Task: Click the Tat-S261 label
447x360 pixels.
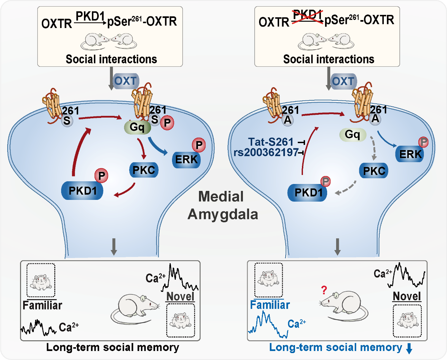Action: pyautogui.click(x=270, y=142)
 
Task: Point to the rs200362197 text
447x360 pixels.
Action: pyautogui.click(x=266, y=153)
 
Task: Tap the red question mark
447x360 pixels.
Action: pyautogui.click(x=324, y=290)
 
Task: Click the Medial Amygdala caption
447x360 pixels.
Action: pyautogui.click(x=222, y=205)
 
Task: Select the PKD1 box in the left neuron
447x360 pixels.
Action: pyautogui.click(x=82, y=191)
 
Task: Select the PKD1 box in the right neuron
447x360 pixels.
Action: pyautogui.click(x=307, y=193)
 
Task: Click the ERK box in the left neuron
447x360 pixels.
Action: pyautogui.click(x=186, y=159)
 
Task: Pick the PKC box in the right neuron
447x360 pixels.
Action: pyautogui.click(x=374, y=171)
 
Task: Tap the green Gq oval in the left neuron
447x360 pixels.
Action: pyautogui.click(x=137, y=127)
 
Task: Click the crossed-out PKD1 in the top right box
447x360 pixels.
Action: pyautogui.click(x=307, y=17)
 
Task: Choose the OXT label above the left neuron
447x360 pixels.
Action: pyautogui.click(x=126, y=81)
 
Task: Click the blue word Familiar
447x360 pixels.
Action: pyautogui.click(x=270, y=305)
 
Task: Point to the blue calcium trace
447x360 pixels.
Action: pyautogui.click(x=268, y=325)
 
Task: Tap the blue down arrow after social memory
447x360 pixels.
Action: pyautogui.click(x=409, y=349)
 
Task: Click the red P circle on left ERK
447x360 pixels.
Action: pyautogui.click(x=199, y=145)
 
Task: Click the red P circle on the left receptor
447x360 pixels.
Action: pyautogui.click(x=168, y=123)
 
